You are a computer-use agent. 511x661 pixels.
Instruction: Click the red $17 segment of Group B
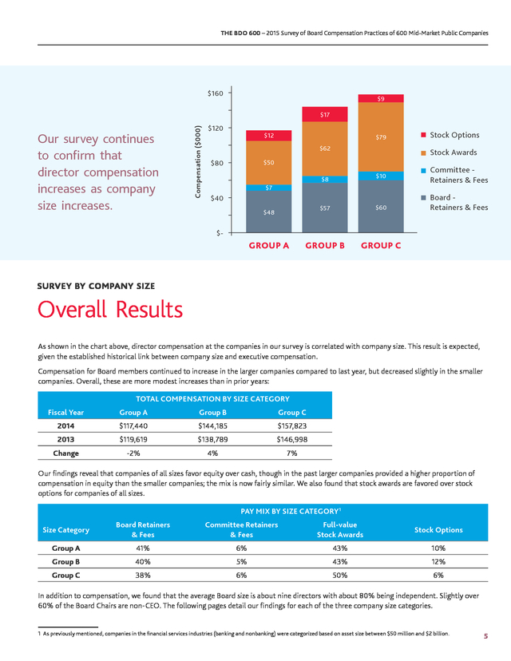(325, 114)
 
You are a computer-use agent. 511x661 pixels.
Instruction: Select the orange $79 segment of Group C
(381, 137)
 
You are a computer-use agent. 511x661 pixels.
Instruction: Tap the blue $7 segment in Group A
(268, 188)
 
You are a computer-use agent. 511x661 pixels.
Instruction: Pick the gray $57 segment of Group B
(325, 208)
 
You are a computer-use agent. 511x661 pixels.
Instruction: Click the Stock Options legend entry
(450, 135)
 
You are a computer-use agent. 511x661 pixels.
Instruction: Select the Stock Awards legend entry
(449, 152)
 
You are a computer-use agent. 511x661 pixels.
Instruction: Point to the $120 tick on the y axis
(215, 128)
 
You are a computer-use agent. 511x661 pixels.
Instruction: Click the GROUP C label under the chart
(381, 245)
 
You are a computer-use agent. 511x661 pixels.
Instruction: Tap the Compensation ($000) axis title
(197, 161)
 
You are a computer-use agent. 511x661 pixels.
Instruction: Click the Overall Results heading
(110, 309)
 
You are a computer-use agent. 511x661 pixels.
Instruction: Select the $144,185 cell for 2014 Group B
(212, 425)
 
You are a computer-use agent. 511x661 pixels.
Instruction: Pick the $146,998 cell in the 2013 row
(291, 439)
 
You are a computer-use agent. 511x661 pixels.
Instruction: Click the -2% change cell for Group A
(133, 453)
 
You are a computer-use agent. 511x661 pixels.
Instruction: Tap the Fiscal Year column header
(65, 412)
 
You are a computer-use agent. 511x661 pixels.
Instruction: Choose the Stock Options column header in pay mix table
(438, 530)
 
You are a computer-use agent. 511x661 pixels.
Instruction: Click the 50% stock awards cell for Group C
(340, 575)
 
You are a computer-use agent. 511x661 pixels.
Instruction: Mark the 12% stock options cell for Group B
(438, 561)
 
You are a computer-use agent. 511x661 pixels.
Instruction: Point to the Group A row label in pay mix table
(65, 548)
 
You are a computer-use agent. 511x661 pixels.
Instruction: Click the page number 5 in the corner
(485, 636)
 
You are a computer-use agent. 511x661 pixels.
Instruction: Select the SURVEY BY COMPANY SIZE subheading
(96, 286)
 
